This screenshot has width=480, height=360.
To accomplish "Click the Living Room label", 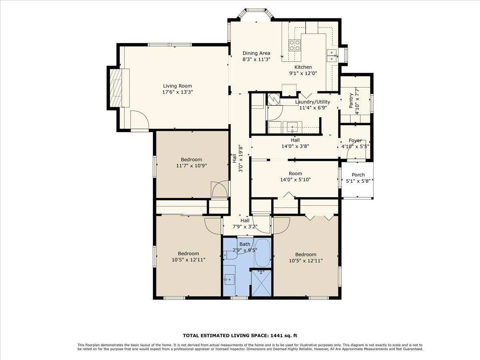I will coord(177,86).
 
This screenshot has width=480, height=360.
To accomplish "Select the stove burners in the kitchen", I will coord(295,45).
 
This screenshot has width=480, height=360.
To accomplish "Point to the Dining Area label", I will coord(256,53).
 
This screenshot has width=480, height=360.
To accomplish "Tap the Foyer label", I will coord(355,140).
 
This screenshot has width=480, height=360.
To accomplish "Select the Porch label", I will coord(358,175).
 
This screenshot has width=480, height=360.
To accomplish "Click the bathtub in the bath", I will coord(263,253).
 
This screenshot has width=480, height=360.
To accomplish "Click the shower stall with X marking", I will coord(261,283).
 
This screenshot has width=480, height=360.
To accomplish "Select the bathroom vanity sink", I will coord(229,279).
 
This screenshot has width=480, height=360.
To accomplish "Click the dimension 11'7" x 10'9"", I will coord(192,166).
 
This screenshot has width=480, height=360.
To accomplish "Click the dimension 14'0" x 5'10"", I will coord(295,180).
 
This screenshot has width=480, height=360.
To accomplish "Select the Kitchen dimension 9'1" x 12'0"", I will coord(303,73).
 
